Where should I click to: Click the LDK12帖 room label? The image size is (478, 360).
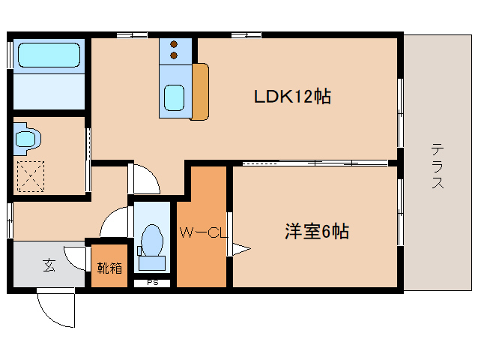pos(292,97)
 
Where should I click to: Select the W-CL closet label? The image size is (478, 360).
pos(201,233)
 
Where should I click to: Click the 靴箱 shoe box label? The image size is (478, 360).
pos(109,267)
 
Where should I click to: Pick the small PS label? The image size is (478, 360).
pos(152,283)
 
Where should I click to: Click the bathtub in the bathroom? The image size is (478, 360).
pos(49,55)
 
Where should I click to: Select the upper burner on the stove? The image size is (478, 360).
pos(175,43)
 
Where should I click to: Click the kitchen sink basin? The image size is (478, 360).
pos(175,97)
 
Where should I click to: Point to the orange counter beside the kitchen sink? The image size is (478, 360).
pos(201,91)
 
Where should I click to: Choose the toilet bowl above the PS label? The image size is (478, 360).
pos(152,241)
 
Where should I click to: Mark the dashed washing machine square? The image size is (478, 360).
pos(30,177)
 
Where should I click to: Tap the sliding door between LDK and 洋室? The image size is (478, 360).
pos(315,163)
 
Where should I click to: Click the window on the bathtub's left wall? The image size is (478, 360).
pos(10,54)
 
